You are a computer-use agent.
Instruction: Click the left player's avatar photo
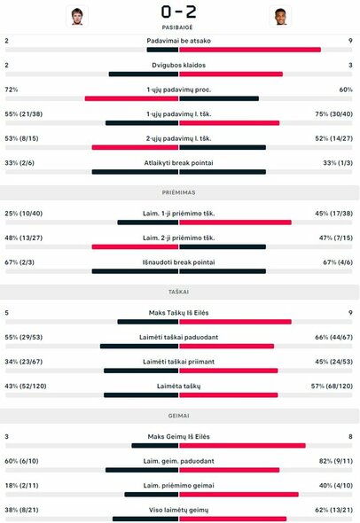pos(77,15)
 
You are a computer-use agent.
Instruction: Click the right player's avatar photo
pos(279,15)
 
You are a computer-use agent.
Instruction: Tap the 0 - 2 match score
pos(179,12)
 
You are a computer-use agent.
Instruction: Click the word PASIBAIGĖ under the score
pos(179,28)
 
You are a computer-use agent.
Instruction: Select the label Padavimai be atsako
pos(179,41)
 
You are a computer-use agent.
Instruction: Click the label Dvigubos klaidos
pos(179,66)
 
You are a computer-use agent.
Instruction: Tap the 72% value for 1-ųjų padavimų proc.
pos(12,90)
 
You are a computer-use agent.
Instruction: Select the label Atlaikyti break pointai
pos(179,163)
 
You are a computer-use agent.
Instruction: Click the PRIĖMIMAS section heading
pos(179,191)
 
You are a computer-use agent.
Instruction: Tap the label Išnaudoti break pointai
pos(179,261)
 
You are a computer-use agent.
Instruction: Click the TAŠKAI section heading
pos(179,290)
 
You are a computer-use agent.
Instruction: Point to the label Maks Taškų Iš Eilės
pos(179,312)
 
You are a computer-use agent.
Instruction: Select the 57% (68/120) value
pos(332,386)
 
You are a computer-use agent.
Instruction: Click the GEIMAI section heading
pos(179,413)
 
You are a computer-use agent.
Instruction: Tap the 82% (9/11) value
pos(335,461)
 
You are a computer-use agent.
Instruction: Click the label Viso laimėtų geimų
pos(179,510)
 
